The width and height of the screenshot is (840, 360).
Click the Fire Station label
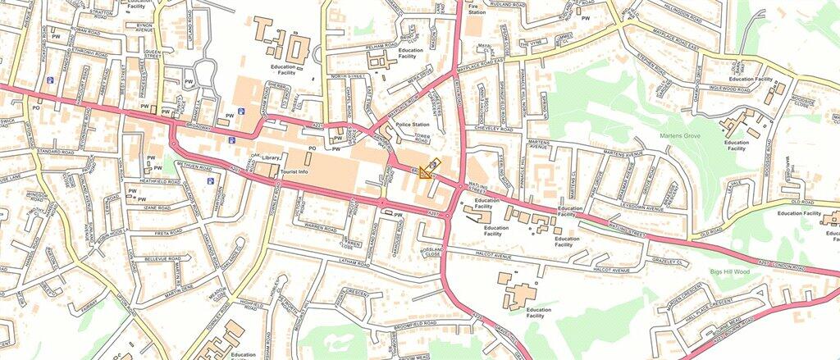click(477, 8)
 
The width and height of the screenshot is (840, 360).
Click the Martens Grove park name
click(679, 134)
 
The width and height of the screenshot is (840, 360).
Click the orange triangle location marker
click(426, 171)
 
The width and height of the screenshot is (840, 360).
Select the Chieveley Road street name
click(493, 130)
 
